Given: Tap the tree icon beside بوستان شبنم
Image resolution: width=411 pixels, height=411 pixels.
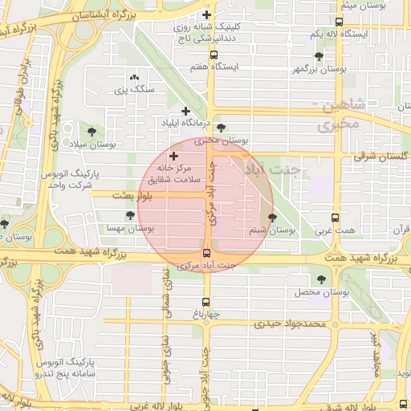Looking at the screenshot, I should pyautogui.click(x=271, y=218).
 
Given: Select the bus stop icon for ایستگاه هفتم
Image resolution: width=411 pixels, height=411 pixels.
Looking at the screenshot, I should pyautogui.click(x=213, y=55).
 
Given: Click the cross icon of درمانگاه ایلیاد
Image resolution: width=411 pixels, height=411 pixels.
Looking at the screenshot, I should pyautogui.click(x=186, y=112).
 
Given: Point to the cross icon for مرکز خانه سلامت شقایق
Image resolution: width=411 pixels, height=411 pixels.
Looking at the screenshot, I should pyautogui.click(x=173, y=153).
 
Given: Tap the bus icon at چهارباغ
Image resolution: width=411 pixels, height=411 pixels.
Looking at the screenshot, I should pyautogui.click(x=205, y=303).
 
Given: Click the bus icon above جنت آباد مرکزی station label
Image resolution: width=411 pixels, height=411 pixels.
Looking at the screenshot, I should pyautogui.click(x=207, y=253).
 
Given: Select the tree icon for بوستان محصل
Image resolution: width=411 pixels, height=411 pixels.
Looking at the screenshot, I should pyautogui.click(x=321, y=279).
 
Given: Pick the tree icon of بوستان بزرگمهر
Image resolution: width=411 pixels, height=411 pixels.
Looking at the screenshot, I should pyautogui.click(x=319, y=56).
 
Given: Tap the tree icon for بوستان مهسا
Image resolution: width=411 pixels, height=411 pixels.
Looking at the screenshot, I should pyautogui.click(x=130, y=215).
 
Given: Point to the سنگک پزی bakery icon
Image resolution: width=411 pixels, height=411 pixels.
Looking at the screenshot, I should pyautogui.click(x=133, y=77).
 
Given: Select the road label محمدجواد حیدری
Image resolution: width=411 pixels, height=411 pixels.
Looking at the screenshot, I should pyautogui.click(x=289, y=324).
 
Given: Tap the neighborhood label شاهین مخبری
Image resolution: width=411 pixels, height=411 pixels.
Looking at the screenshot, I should pyautogui.click(x=346, y=114).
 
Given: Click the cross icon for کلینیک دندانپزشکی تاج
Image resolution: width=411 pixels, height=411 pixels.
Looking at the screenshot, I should pyautogui.click(x=207, y=15).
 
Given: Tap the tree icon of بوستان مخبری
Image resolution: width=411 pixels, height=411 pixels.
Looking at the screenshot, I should pyautogui.click(x=221, y=128).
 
